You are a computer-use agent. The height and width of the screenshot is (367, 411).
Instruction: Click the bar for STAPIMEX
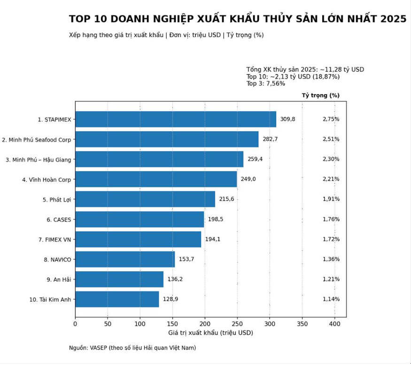tap(176, 119)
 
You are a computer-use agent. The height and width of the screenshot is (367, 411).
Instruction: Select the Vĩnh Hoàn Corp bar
tap(156, 179)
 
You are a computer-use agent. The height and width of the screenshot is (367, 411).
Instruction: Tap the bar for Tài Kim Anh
tap(117, 299)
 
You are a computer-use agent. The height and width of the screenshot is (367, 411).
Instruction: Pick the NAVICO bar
tap(125, 259)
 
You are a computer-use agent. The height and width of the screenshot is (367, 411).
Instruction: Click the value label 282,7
tap(270, 139)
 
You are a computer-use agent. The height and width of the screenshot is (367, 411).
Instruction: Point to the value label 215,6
tap(226, 199)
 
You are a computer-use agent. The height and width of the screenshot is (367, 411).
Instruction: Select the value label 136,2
tap(175, 279)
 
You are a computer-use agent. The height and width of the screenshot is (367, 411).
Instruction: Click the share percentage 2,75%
tap(331, 119)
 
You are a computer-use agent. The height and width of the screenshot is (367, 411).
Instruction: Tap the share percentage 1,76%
tap(331, 219)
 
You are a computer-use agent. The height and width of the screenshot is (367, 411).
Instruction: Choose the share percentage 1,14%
tap(331, 299)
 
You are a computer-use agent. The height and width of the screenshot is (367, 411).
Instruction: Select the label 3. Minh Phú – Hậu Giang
tap(39, 160)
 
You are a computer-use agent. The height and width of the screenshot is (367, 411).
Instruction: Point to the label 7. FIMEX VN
tap(54, 240)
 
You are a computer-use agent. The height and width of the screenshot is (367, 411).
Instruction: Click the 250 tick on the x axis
tap(237, 323)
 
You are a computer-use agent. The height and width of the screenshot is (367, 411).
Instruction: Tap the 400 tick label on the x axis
tap(334, 323)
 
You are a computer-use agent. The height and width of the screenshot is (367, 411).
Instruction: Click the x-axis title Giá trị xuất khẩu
tap(210, 333)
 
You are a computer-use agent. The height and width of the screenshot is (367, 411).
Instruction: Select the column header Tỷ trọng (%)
tap(320, 95)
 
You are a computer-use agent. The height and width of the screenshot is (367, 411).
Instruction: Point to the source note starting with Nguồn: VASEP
tap(132, 348)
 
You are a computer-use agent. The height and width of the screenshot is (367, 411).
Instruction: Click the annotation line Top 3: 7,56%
tap(265, 84)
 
